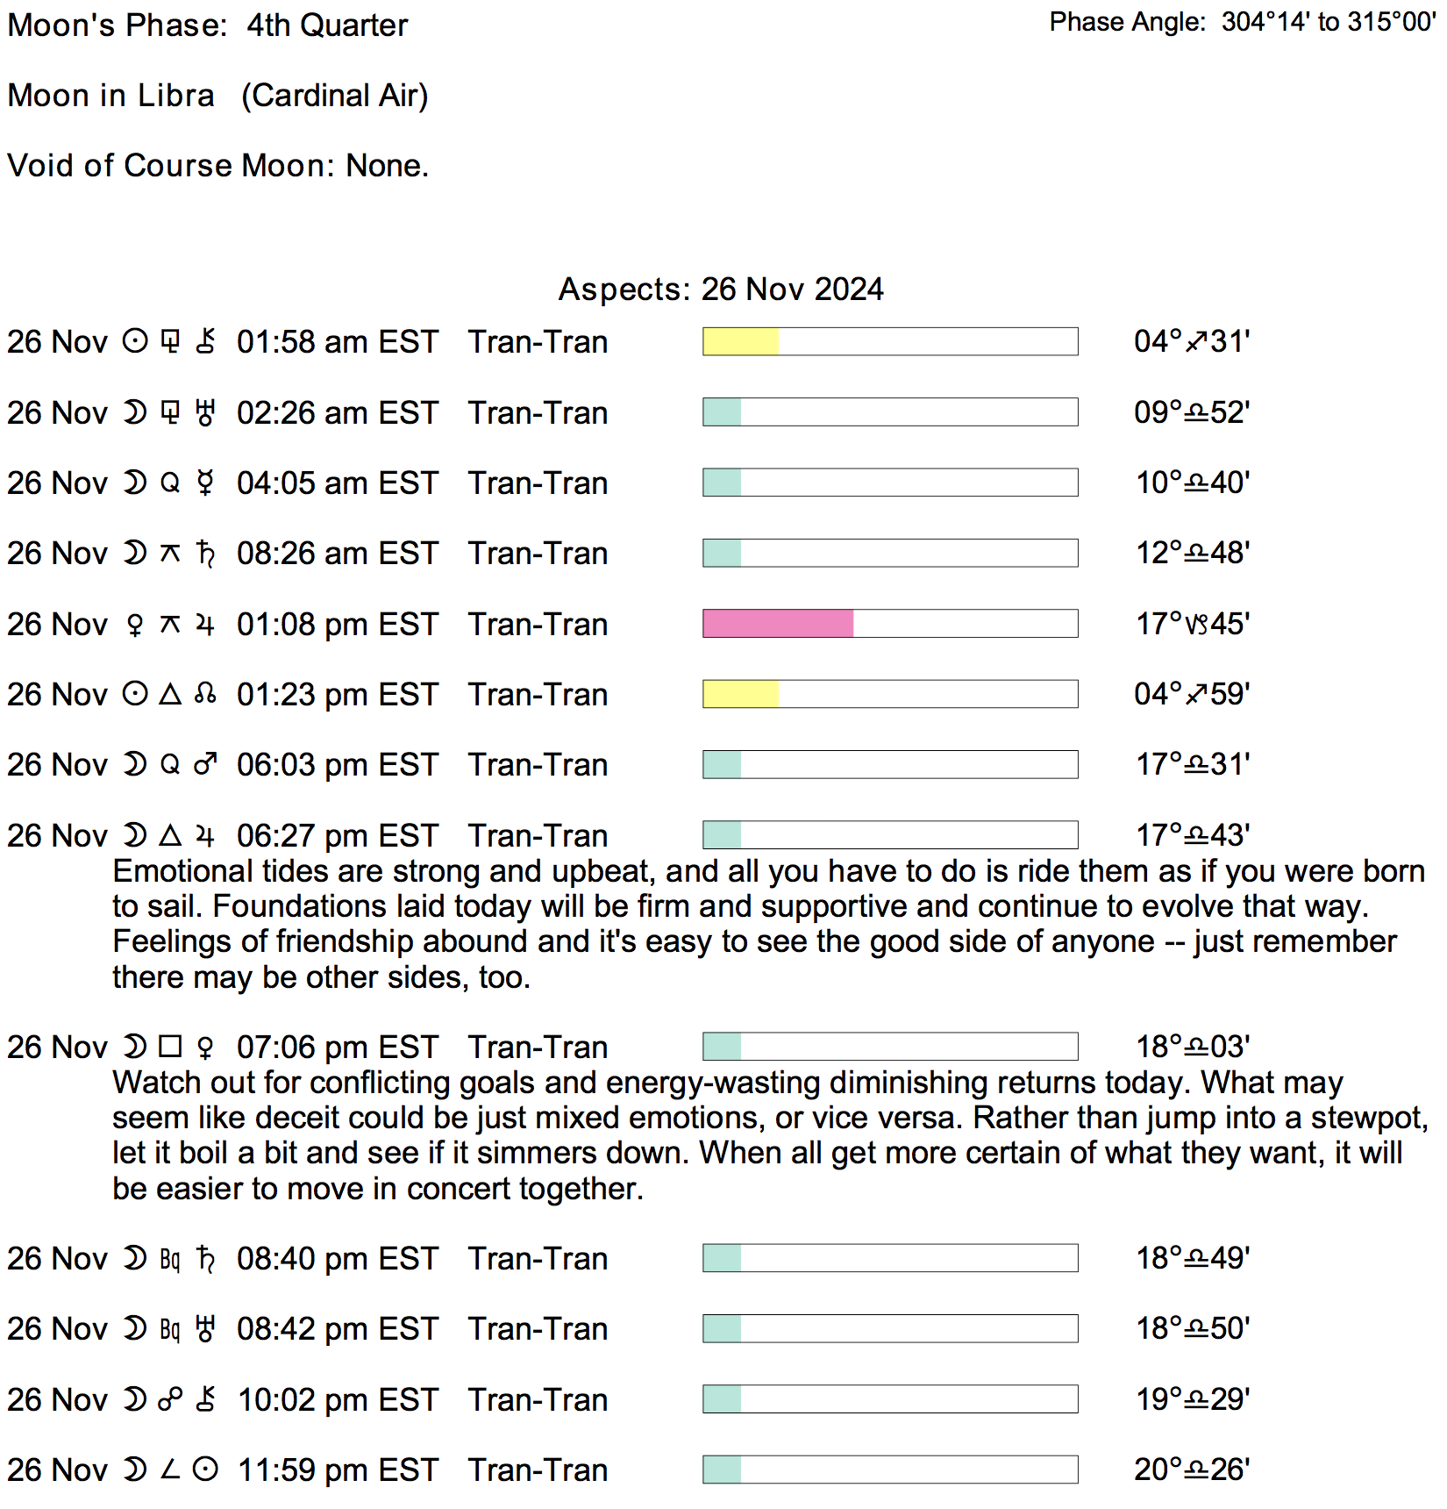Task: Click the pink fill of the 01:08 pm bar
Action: [x=777, y=624]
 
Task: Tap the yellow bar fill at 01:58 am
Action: [x=740, y=341]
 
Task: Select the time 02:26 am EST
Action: [x=337, y=412]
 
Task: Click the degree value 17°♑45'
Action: [x=1192, y=624]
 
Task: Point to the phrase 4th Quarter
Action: [x=327, y=25]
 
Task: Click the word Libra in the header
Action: [x=175, y=96]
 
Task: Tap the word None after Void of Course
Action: [x=386, y=166]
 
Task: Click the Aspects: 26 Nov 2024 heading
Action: [x=721, y=290]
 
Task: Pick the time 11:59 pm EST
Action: [x=337, y=1470]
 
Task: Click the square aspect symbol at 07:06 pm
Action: [x=170, y=1047]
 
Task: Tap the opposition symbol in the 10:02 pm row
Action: [x=170, y=1399]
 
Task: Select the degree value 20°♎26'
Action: [x=1192, y=1470]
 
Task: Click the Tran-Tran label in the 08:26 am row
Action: [x=538, y=554]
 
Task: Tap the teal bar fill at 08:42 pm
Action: [x=722, y=1329]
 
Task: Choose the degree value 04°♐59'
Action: [x=1192, y=694]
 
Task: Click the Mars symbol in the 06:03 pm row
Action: [x=205, y=765]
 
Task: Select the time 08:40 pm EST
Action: [x=337, y=1259]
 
